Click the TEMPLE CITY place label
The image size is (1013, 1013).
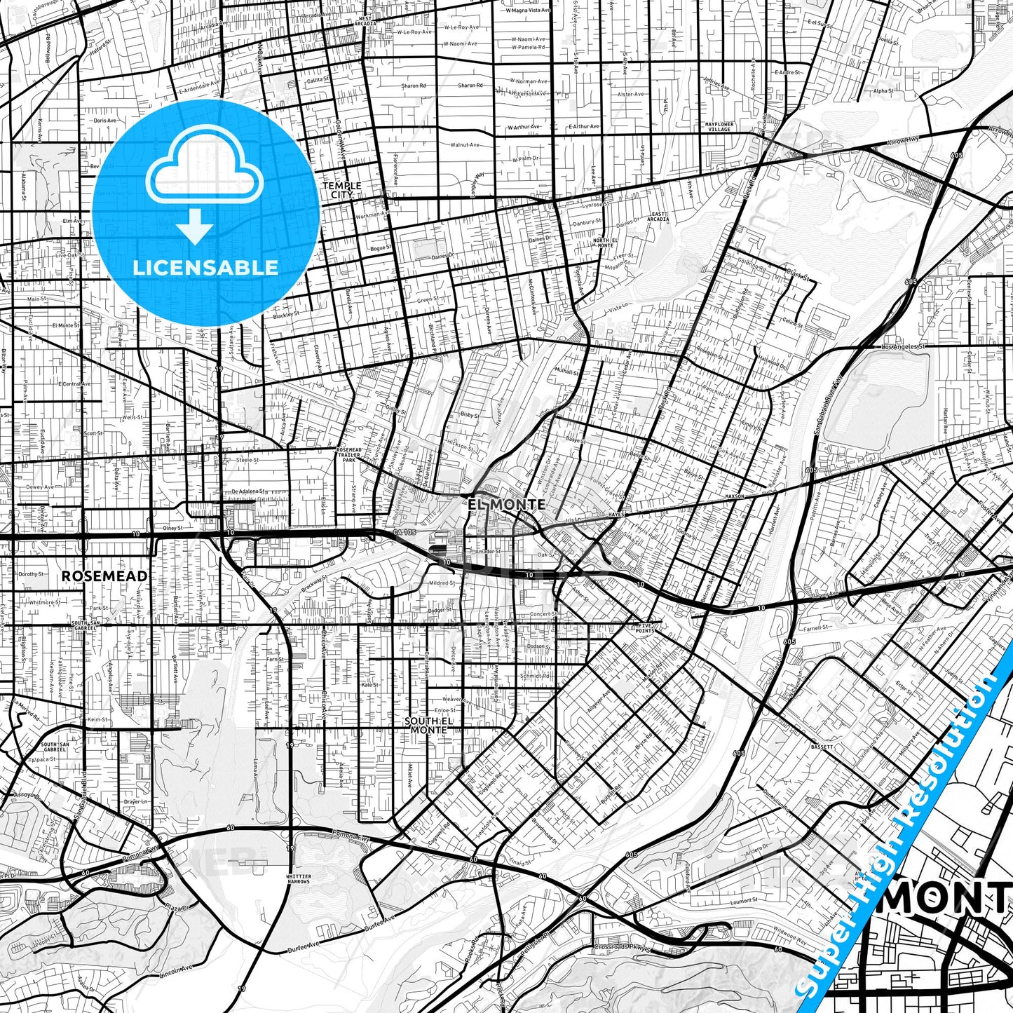[342, 190]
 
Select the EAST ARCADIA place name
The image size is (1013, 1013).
[659, 216]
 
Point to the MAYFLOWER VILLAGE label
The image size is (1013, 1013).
[719, 127]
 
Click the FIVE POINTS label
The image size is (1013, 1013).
[646, 628]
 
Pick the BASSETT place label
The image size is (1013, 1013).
[823, 747]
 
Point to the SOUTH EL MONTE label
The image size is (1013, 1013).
[426, 725]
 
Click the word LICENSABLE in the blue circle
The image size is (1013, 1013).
[207, 267]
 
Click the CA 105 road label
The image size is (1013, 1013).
[404, 533]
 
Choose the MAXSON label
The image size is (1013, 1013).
[735, 496]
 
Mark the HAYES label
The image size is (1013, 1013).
[616, 514]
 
